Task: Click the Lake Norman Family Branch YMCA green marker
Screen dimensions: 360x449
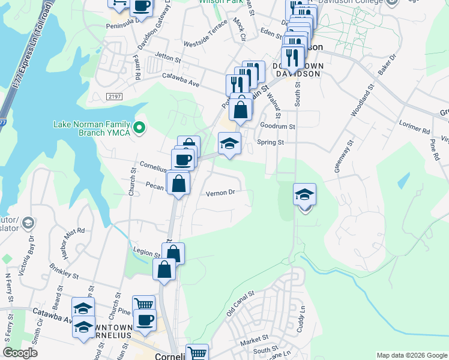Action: (x=139, y=127)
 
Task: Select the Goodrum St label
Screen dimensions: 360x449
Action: (x=278, y=127)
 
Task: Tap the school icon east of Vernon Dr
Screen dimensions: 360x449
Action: (x=304, y=195)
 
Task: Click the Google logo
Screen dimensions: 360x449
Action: (x=20, y=353)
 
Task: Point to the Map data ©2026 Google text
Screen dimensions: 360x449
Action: (x=411, y=355)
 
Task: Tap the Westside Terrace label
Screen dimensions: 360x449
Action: (x=205, y=34)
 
